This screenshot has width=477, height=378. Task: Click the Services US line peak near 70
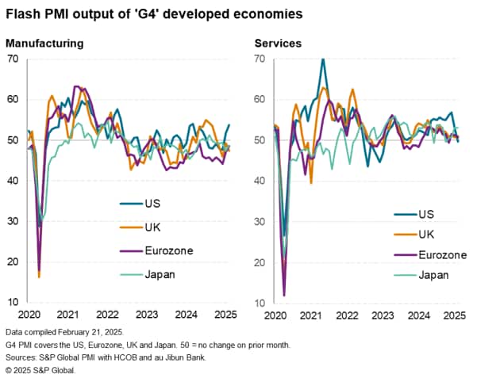tap(322, 59)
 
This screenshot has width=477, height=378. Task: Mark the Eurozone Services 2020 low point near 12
tap(284, 295)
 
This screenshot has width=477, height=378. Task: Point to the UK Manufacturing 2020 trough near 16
tap(39, 276)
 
